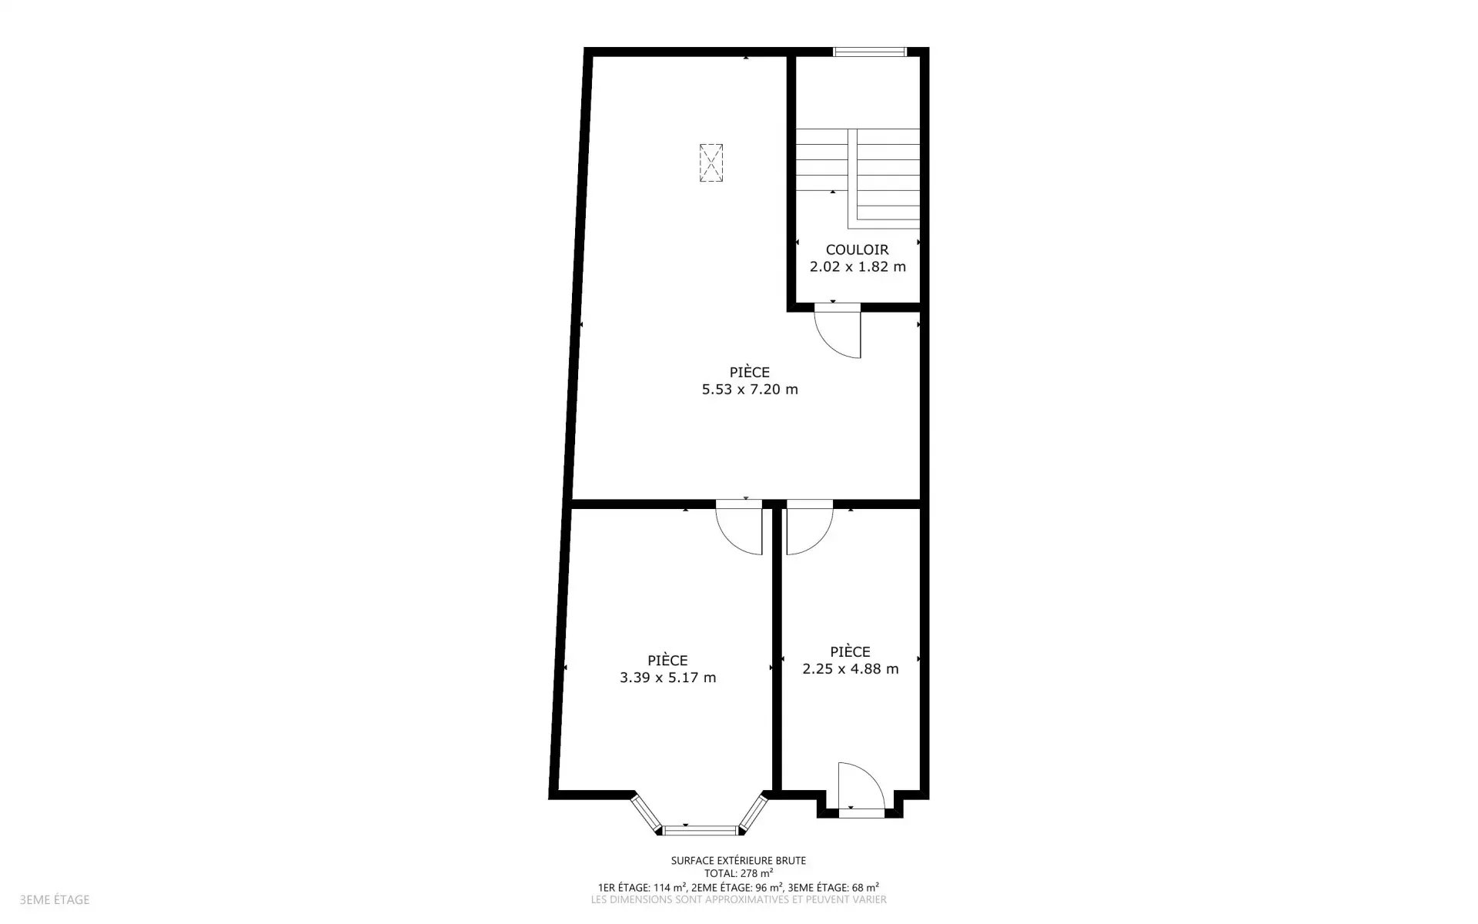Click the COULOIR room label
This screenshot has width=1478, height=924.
(857, 249)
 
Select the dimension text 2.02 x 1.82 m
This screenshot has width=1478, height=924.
(858, 267)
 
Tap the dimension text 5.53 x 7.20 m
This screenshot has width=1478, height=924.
(750, 390)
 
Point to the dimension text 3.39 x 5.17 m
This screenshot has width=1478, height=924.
(667, 678)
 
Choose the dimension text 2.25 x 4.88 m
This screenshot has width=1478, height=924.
(851, 669)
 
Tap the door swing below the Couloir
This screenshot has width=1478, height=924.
(838, 332)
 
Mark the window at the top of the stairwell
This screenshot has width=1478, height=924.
(870, 52)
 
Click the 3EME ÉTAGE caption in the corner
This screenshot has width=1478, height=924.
(55, 899)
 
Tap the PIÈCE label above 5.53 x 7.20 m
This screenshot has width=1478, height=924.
(750, 372)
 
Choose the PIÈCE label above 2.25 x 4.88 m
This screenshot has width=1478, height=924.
(851, 651)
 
